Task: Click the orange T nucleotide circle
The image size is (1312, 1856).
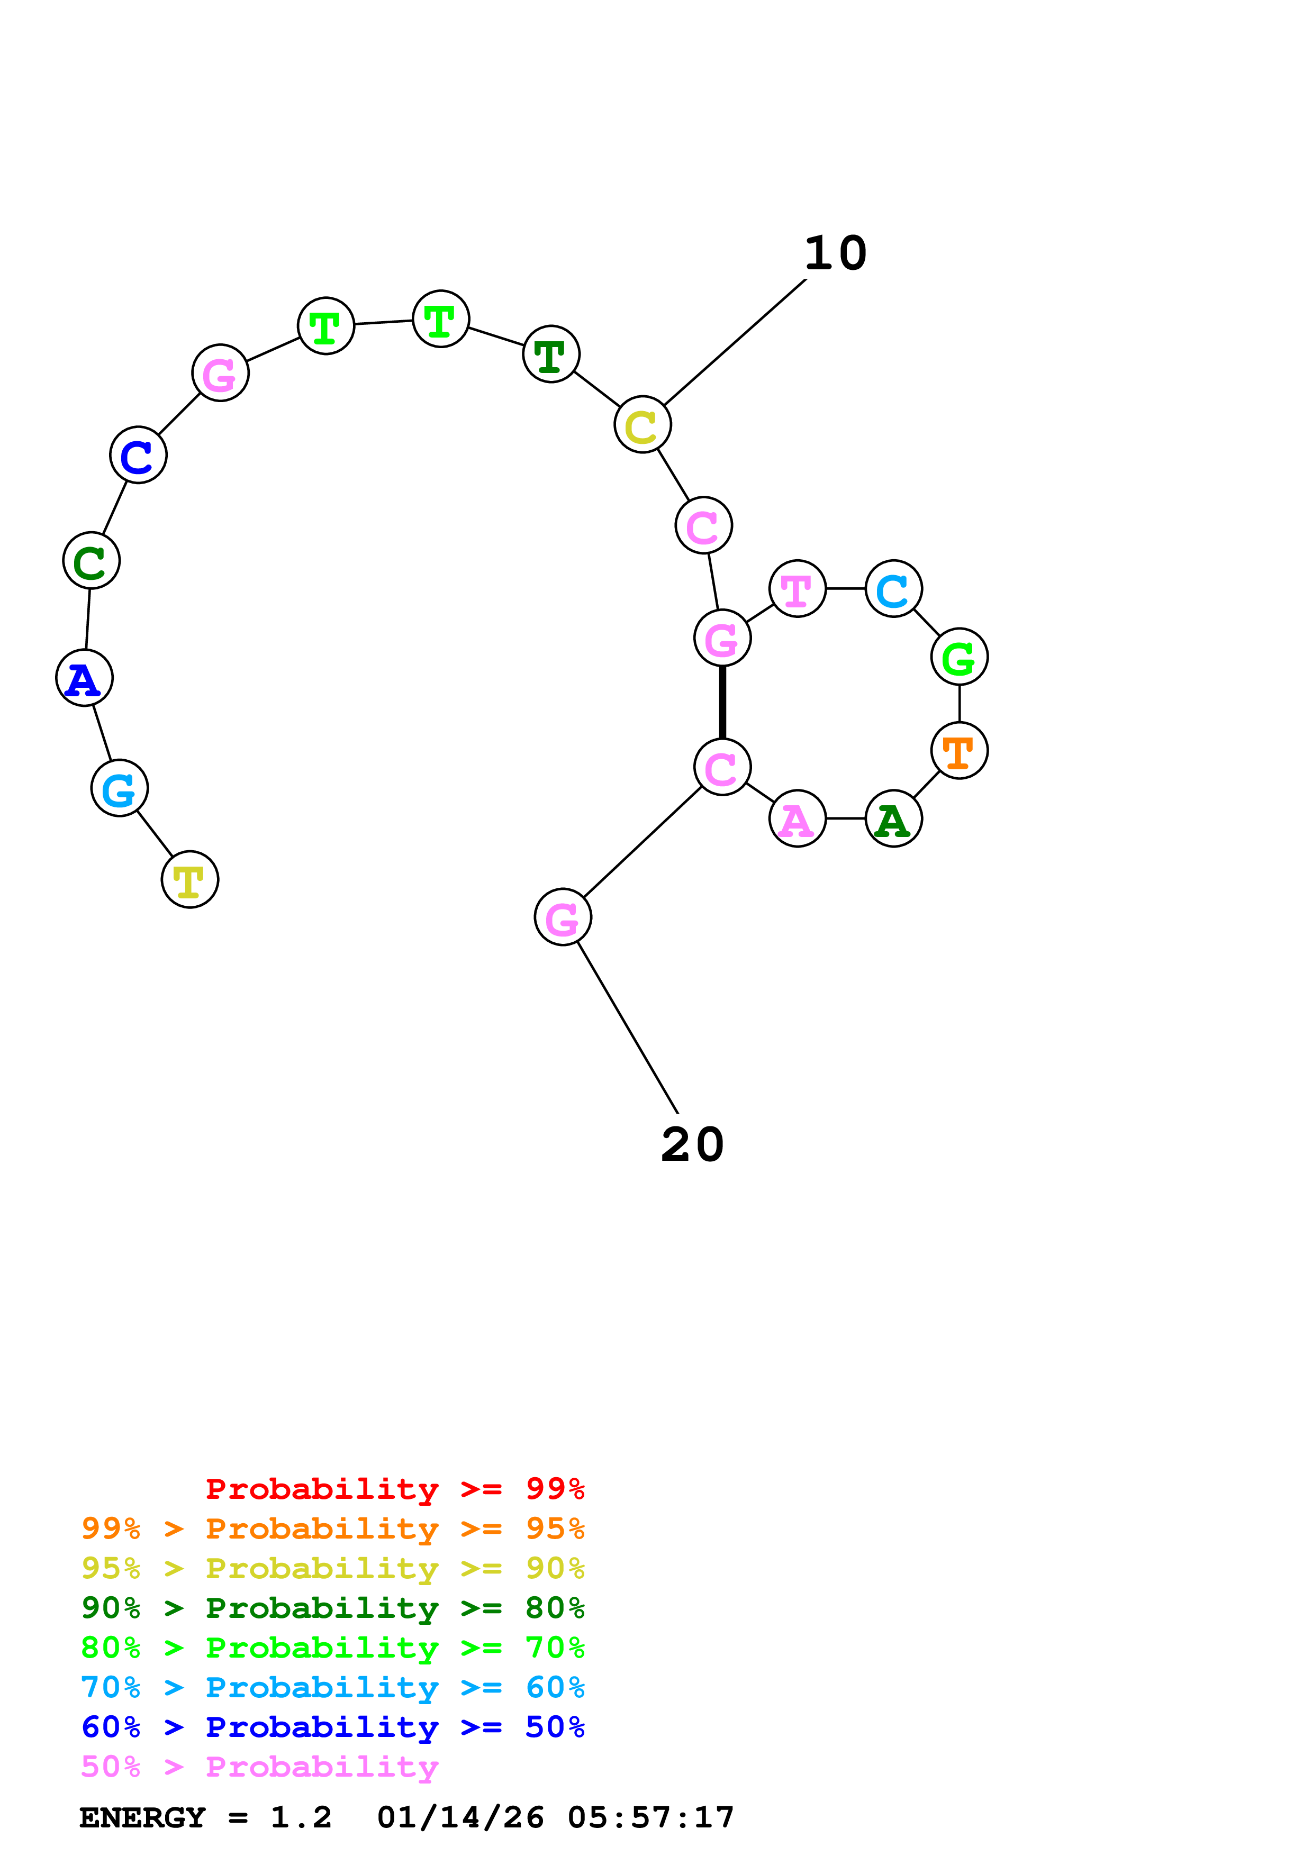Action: (x=959, y=751)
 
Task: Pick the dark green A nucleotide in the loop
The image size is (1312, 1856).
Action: (x=893, y=819)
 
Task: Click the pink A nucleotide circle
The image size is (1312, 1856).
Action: (x=797, y=819)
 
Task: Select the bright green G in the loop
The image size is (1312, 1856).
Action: (x=959, y=657)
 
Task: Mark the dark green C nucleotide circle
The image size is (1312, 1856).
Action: (x=92, y=560)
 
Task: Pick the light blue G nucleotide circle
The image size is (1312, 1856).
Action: (x=120, y=788)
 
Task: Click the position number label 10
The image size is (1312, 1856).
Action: (x=835, y=254)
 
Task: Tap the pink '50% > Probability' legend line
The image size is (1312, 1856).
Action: (x=259, y=1767)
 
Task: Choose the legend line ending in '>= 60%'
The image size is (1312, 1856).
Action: (x=332, y=1688)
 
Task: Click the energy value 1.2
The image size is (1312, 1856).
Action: (x=301, y=1818)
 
